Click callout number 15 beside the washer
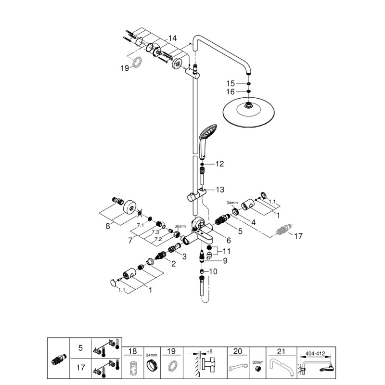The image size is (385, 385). pos(231,83)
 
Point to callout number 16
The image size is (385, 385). pos(231,91)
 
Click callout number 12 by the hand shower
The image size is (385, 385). pos(219,164)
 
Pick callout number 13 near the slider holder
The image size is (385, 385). pos(219,190)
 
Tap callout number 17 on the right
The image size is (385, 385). pos(298,236)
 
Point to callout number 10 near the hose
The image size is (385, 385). pos(214,272)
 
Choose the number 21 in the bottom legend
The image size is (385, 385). pos(281,351)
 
